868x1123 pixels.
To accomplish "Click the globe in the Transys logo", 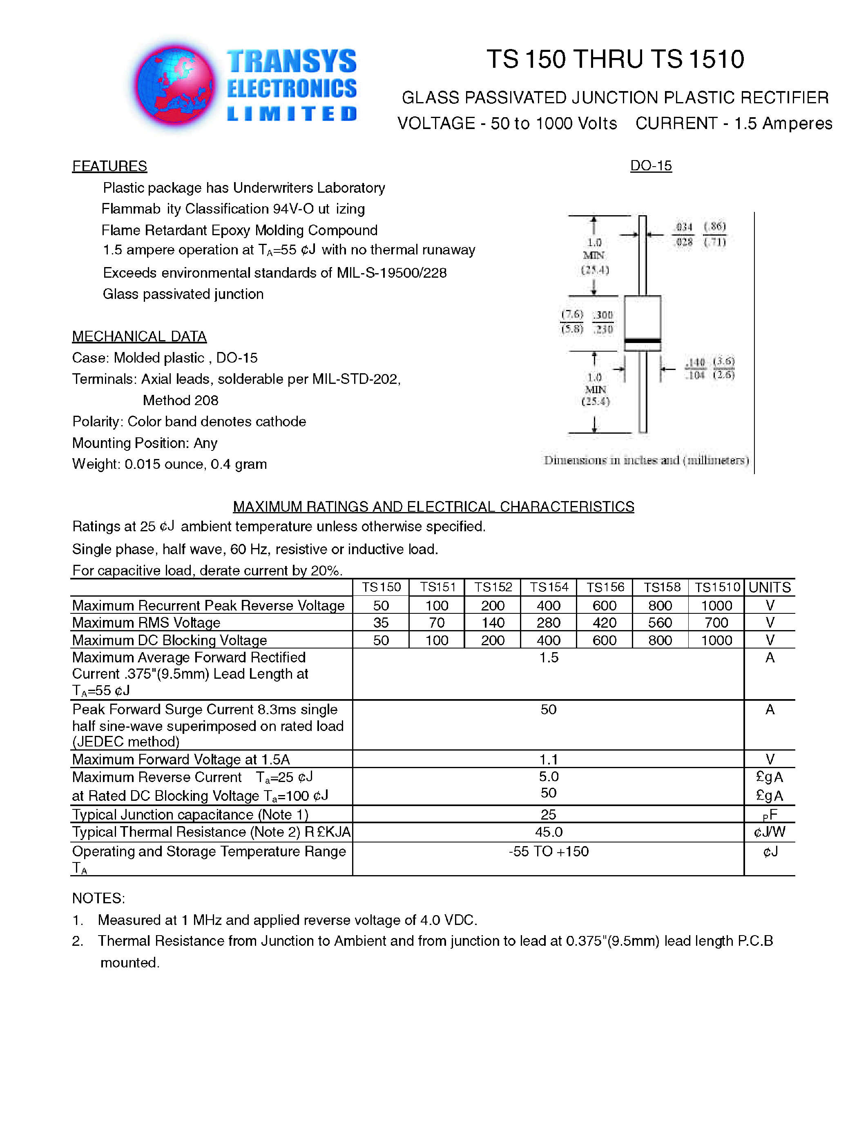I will click(175, 85).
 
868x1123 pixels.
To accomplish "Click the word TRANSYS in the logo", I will click(292, 62).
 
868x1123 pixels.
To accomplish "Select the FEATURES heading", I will click(109, 166).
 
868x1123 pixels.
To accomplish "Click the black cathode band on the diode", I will click(642, 341).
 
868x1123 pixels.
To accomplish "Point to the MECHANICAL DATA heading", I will click(139, 336).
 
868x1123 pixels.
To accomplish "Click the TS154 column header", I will click(549, 587).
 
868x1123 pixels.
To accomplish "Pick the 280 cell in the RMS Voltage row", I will click(549, 623).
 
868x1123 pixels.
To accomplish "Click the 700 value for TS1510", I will click(716, 623).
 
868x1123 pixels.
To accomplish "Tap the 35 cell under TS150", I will click(381, 623).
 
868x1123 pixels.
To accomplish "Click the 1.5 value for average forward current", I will click(549, 657).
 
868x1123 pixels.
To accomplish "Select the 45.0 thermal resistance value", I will click(549, 832).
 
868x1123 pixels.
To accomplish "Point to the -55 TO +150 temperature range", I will click(549, 851).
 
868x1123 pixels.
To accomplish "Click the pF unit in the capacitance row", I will click(770, 815).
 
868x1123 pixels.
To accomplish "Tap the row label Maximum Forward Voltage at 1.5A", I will click(181, 760).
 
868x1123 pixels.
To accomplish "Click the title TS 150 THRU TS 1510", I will click(615, 59).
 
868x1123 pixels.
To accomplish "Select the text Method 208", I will click(181, 400).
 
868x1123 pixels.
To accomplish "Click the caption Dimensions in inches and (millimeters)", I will click(646, 460).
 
